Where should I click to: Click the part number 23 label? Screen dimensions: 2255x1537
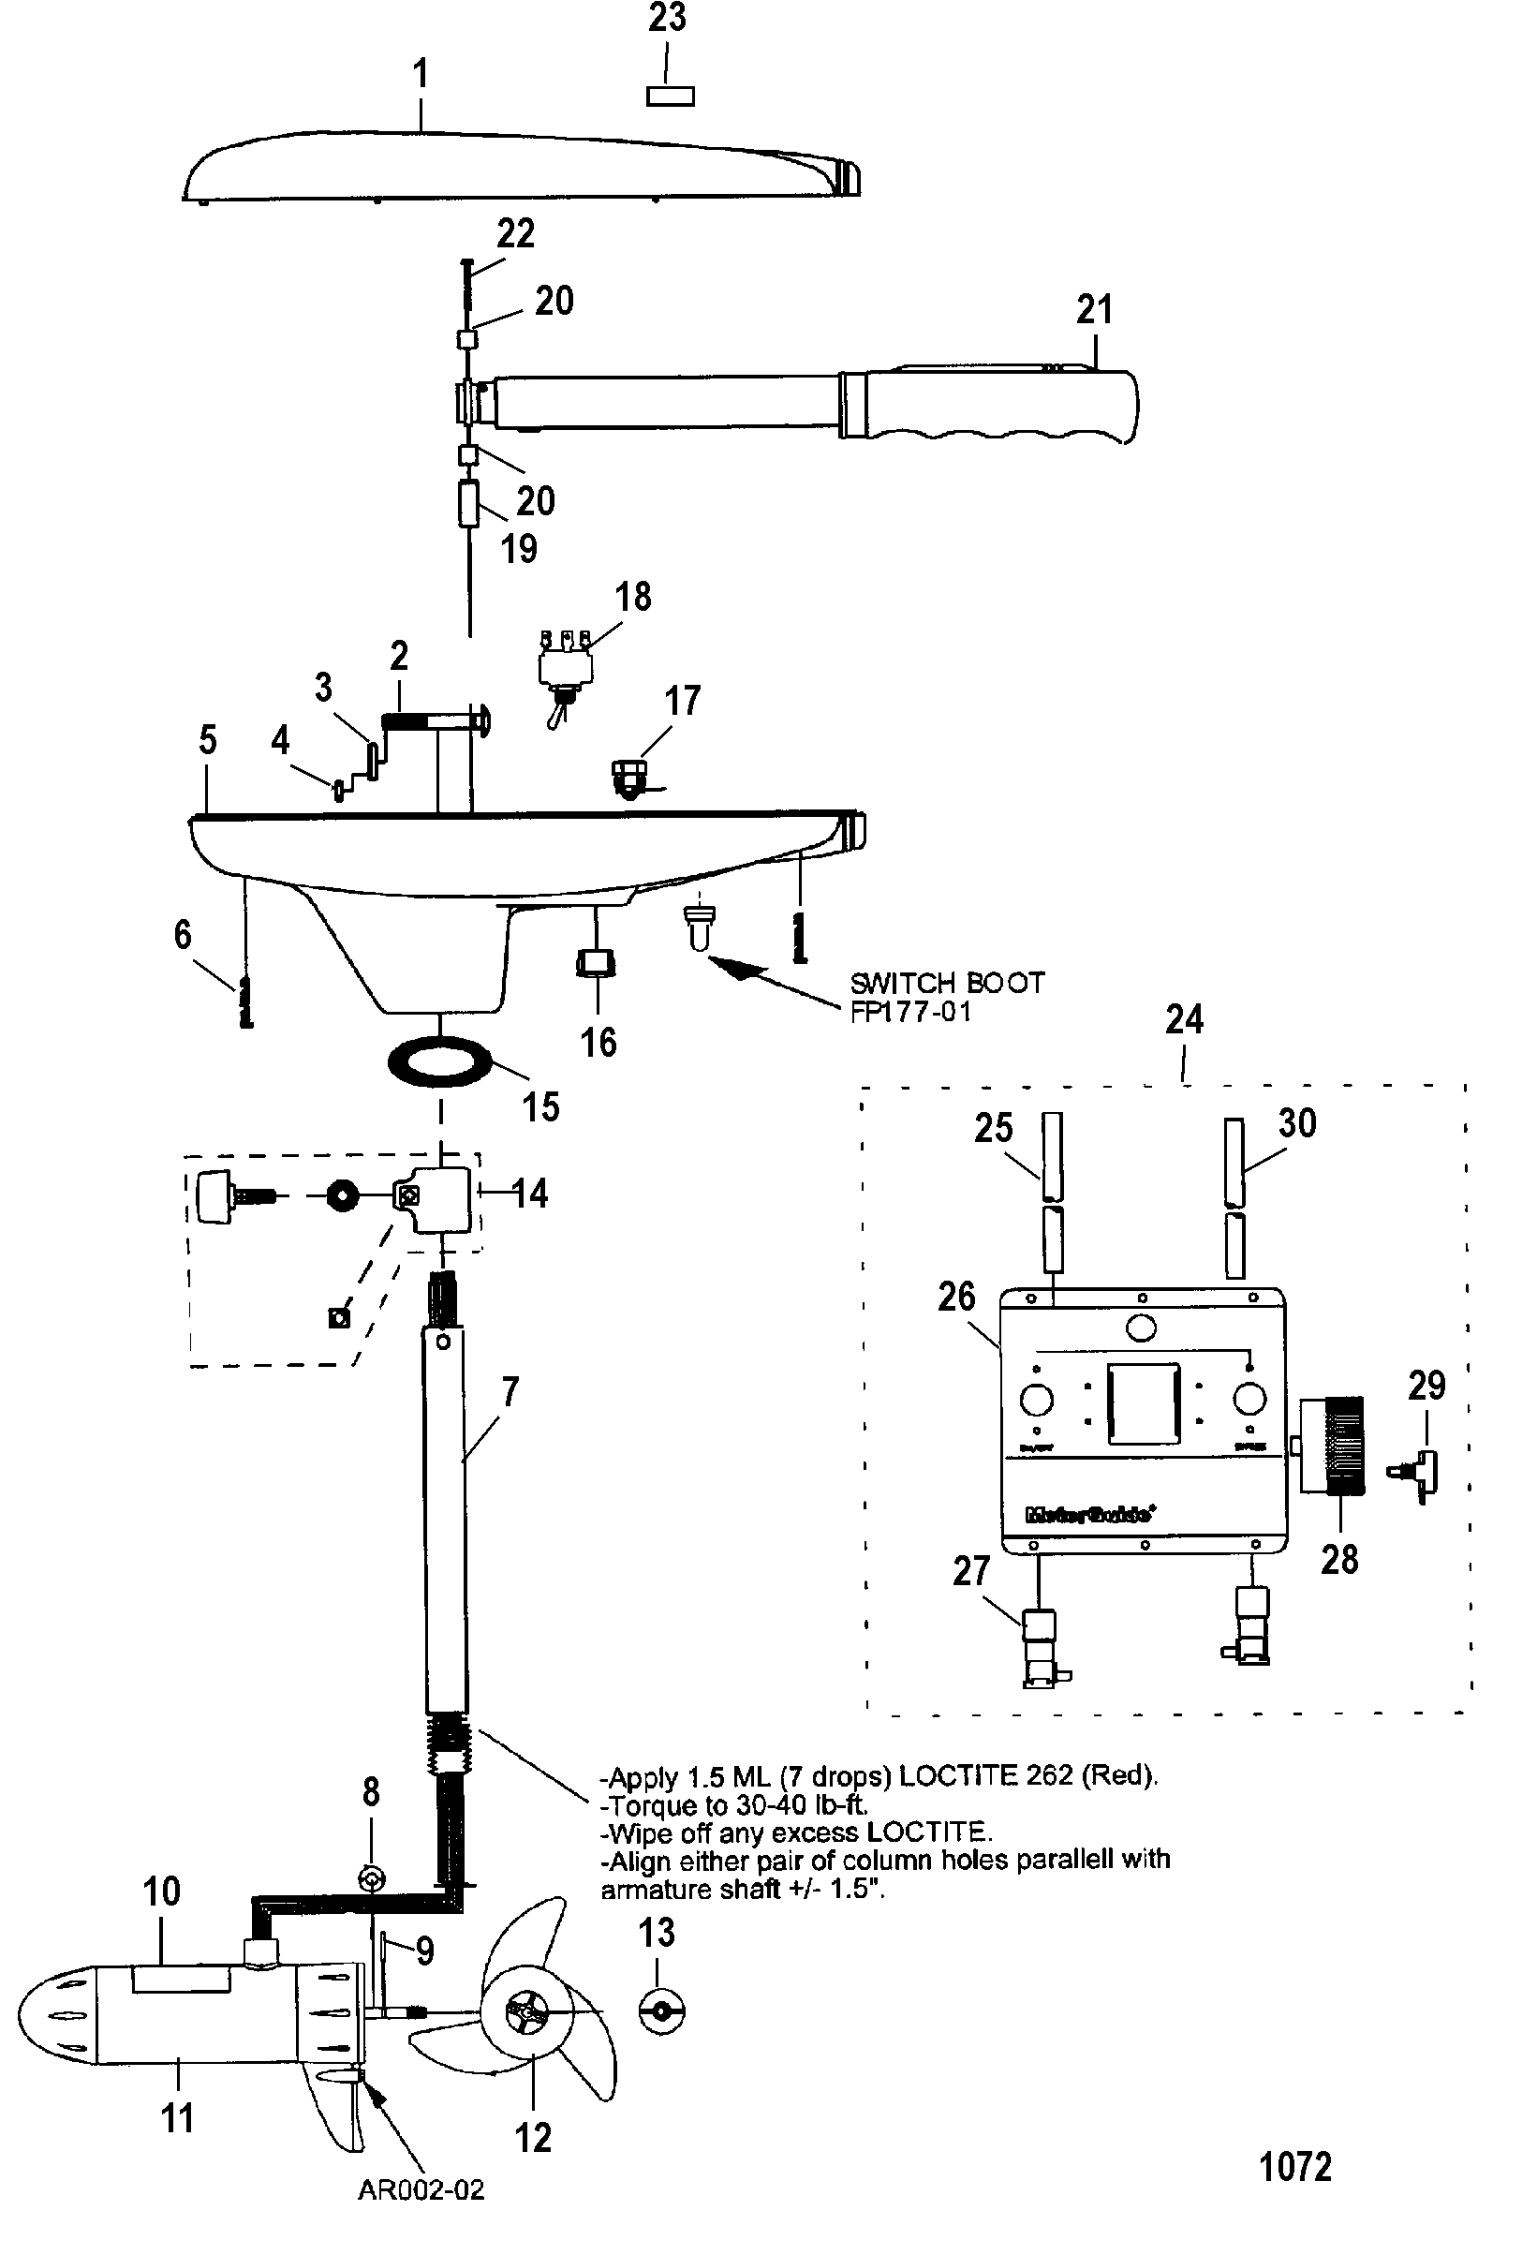pyautogui.click(x=667, y=19)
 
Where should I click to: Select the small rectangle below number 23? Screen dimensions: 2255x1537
pyautogui.click(x=670, y=96)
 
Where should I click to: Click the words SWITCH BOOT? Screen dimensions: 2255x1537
pyautogui.click(x=946, y=983)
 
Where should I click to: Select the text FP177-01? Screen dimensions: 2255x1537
pyautogui.click(x=909, y=1012)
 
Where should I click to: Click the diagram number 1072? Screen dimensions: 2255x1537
pyautogui.click(x=1294, y=2166)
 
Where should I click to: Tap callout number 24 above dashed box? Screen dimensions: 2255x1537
pyautogui.click(x=1184, y=1020)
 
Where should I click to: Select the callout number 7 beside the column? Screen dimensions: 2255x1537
pyautogui.click(x=510, y=1392)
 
